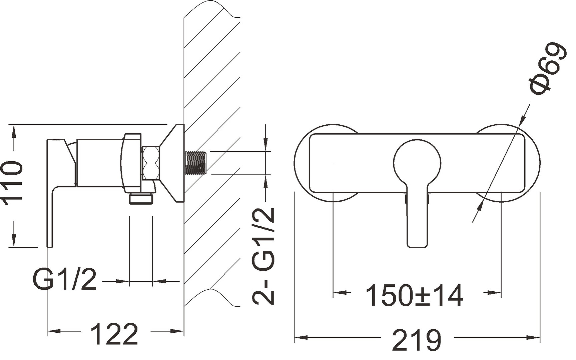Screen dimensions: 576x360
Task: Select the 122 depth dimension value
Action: [x=114, y=334]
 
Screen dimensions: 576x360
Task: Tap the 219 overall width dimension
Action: [x=417, y=340]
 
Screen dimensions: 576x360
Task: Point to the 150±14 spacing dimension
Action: [x=415, y=295]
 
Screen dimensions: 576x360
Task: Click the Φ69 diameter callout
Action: [x=548, y=69]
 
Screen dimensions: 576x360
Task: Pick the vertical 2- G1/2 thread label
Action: [x=263, y=256]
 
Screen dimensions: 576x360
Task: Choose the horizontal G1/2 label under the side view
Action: [x=65, y=279]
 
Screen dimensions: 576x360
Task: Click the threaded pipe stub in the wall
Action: [x=196, y=163]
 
